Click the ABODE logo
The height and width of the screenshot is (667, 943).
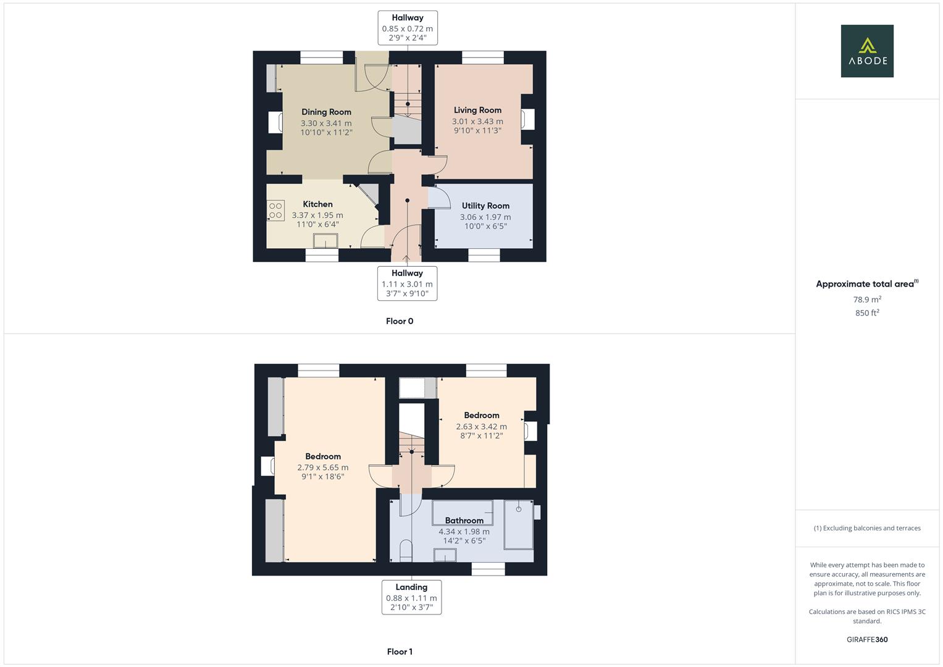coord(867,51)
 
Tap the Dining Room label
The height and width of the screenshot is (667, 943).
coord(326,112)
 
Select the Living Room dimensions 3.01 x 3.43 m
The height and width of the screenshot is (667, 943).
coord(477,121)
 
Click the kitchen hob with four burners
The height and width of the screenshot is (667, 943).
coord(275,211)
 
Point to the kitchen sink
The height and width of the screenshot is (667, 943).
coord(326,241)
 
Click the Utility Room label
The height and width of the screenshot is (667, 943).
coord(485,206)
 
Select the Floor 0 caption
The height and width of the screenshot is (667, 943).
coord(400,321)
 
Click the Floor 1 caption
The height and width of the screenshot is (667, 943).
coord(400,652)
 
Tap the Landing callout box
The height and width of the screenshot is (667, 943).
coord(411,597)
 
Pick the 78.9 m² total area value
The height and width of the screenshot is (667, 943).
coord(867,300)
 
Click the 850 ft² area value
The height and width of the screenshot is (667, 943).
coord(867,313)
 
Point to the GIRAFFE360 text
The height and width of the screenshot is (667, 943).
coord(867,640)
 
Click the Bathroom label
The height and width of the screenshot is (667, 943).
coord(464,521)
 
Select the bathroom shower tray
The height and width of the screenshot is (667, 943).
coord(518,524)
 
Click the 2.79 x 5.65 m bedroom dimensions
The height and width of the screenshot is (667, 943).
coord(323,468)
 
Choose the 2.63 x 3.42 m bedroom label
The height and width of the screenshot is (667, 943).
coord(481,426)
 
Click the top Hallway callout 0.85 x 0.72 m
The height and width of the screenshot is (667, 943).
coord(408,28)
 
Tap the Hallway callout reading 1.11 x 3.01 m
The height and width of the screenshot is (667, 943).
coord(407,283)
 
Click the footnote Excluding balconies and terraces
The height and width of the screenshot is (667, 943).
coord(867,528)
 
